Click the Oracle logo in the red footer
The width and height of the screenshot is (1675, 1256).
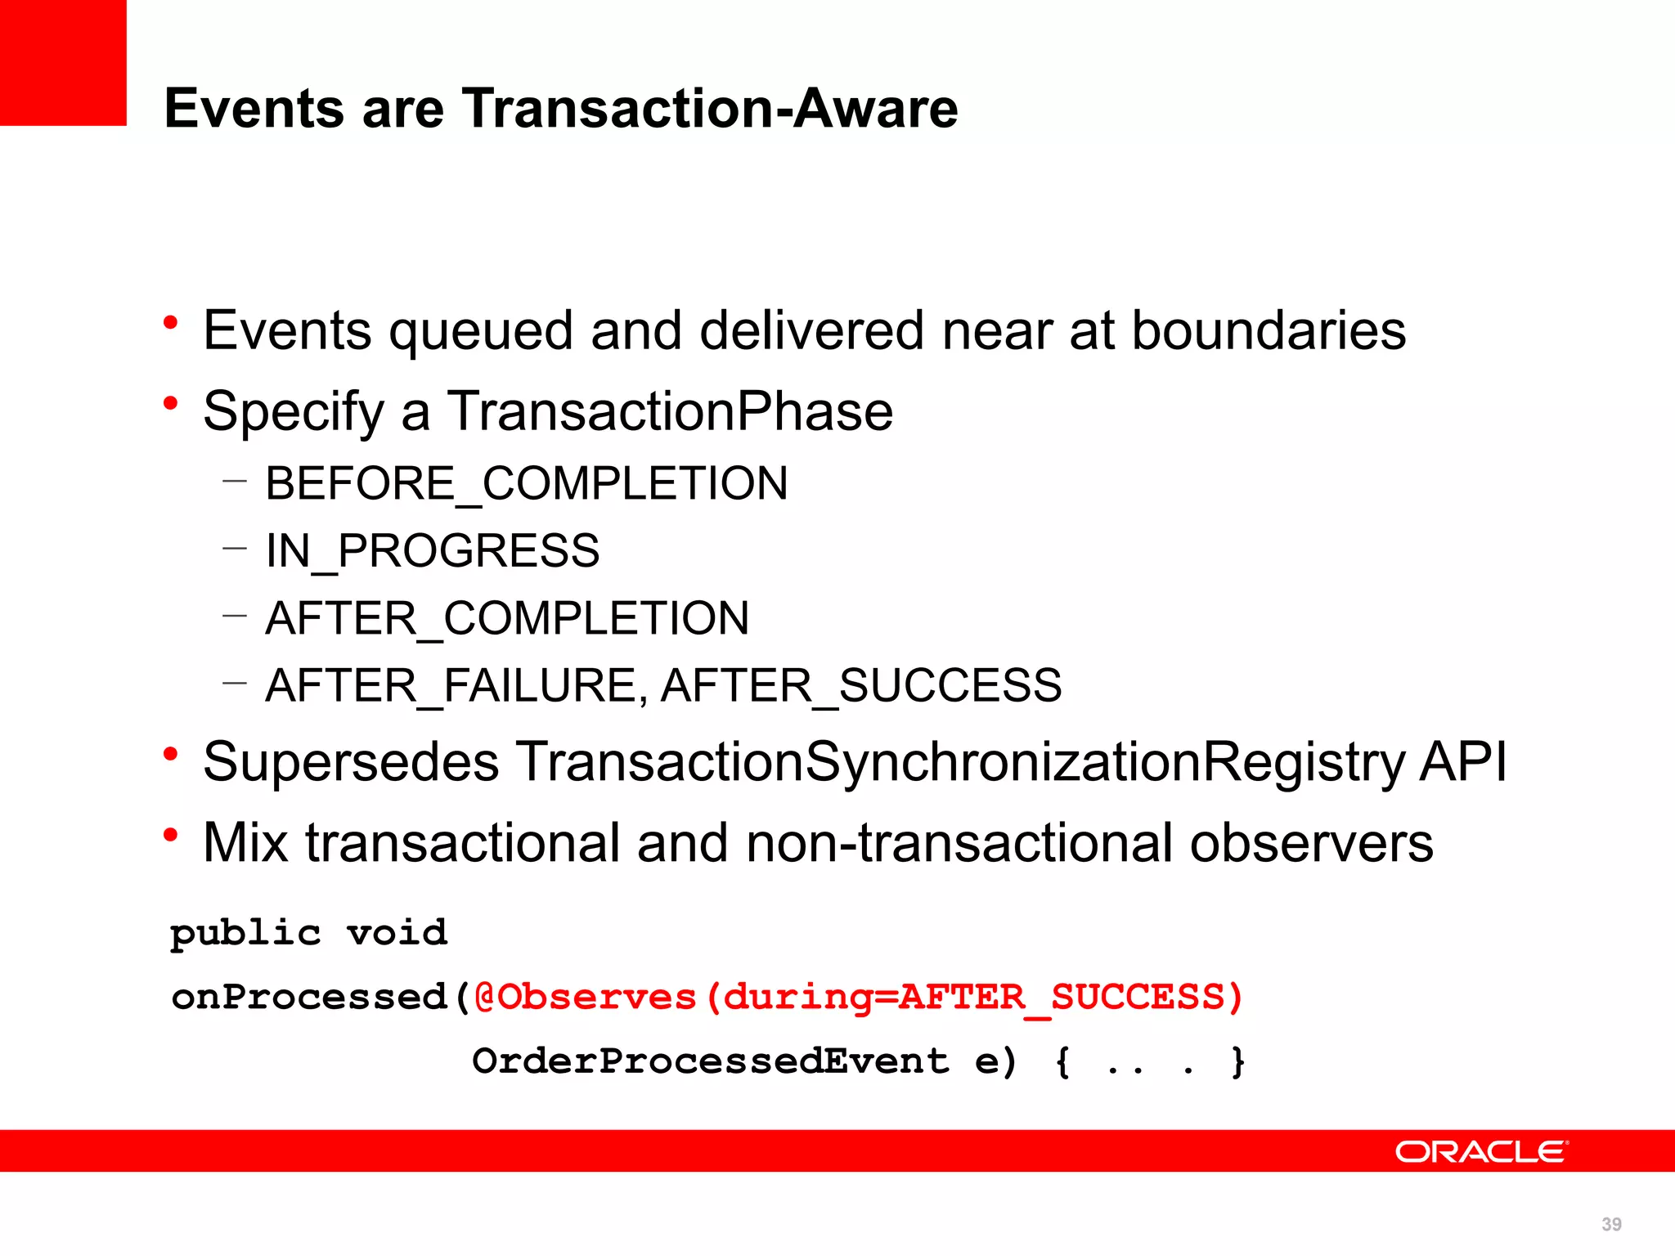pyautogui.click(x=1481, y=1151)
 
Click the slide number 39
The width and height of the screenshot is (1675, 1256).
pyautogui.click(x=1611, y=1224)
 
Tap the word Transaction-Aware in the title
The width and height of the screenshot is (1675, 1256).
pyautogui.click(x=710, y=109)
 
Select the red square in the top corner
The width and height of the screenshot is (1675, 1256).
pyautogui.click(x=63, y=62)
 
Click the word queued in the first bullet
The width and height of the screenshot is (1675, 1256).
pyautogui.click(x=481, y=332)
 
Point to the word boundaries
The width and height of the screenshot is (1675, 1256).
pyautogui.click(x=1269, y=330)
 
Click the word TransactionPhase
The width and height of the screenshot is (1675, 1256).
pyautogui.click(x=670, y=410)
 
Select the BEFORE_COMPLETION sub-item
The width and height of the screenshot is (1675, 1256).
pyautogui.click(x=527, y=483)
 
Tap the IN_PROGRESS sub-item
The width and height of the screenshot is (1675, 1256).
pyautogui.click(x=432, y=550)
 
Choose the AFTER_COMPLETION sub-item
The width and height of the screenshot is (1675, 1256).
pyautogui.click(x=507, y=618)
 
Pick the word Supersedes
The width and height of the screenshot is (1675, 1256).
pyautogui.click(x=351, y=762)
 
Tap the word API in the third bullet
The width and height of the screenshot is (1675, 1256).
pyautogui.click(x=1463, y=762)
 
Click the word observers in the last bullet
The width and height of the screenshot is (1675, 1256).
pyautogui.click(x=1311, y=842)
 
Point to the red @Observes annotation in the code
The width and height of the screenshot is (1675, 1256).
pyautogui.click(x=585, y=997)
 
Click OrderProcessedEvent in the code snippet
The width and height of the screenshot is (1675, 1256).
pyautogui.click(x=710, y=1061)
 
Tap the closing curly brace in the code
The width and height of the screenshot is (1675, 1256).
pyautogui.click(x=1237, y=1061)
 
